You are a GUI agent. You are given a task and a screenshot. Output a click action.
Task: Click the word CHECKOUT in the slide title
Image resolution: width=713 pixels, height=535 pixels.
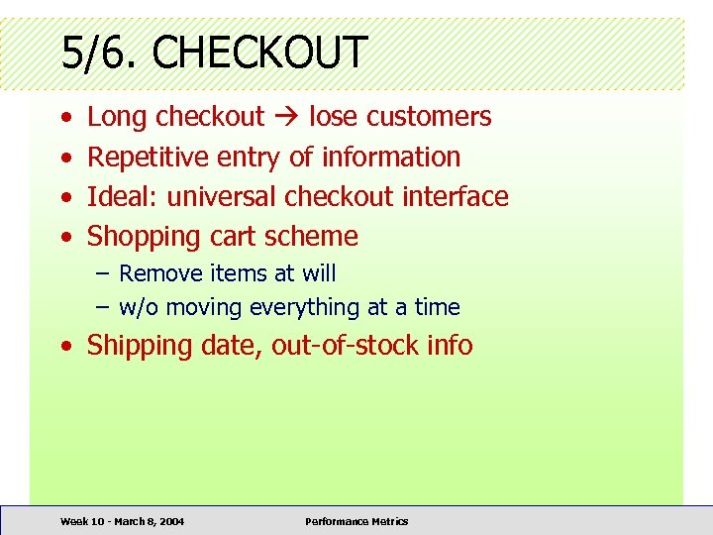point(259,52)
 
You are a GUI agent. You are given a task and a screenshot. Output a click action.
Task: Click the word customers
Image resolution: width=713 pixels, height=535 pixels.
point(428,117)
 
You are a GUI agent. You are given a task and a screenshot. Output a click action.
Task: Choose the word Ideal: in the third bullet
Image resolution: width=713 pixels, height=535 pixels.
point(123,196)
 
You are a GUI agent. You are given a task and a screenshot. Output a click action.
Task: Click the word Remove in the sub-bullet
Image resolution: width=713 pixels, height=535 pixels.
point(154,273)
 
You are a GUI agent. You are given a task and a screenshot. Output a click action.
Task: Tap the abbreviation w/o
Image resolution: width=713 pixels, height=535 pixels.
point(139,307)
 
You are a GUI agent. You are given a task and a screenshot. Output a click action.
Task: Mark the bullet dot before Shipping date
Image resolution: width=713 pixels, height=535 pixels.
point(64,347)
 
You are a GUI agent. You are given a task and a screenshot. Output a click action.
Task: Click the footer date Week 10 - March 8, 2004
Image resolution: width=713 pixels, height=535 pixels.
point(122,521)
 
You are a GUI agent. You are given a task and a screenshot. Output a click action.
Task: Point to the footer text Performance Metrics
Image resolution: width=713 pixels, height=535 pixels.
point(356,521)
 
